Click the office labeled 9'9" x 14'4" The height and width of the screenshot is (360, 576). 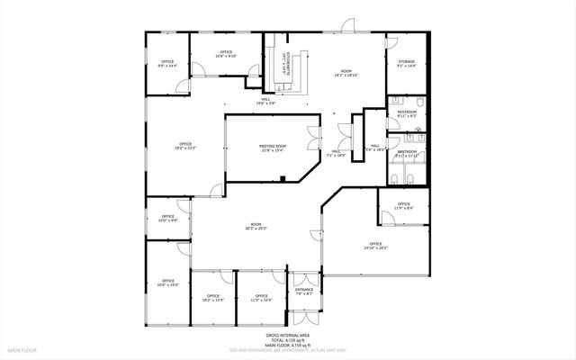[x=168, y=64]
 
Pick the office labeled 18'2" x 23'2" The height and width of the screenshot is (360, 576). [x=185, y=146]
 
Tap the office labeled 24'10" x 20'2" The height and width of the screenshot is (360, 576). [x=375, y=246]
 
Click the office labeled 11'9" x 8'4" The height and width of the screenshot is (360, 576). [x=404, y=206]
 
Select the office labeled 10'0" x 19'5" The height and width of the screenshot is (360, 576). [x=168, y=284]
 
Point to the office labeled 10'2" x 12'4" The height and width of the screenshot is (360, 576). [x=212, y=297]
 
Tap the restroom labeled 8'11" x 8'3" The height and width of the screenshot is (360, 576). [x=407, y=114]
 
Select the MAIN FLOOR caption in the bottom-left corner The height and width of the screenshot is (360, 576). [x=22, y=349]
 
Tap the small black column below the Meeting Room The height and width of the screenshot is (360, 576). [x=283, y=179]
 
